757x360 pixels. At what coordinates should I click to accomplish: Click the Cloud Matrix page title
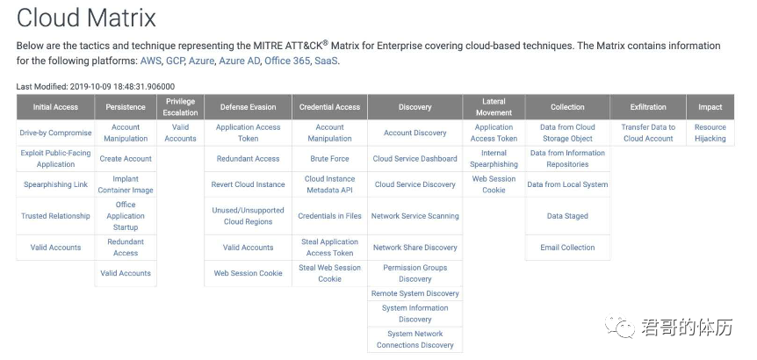click(86, 18)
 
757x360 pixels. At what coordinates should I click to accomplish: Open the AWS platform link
click(151, 61)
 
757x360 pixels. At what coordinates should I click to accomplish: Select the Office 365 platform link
click(287, 61)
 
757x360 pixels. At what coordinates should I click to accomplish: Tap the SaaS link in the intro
click(327, 61)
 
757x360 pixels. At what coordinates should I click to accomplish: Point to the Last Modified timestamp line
click(96, 87)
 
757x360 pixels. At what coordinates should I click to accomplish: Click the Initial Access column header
click(55, 107)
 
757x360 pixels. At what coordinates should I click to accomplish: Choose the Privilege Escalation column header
click(181, 107)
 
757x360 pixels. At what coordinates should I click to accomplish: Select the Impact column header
click(710, 107)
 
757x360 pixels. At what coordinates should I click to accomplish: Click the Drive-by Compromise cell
click(55, 133)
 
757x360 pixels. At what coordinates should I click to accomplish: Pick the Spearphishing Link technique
click(55, 184)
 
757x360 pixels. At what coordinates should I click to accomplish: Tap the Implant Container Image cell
click(126, 184)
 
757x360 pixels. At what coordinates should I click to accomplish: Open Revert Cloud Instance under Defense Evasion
click(249, 184)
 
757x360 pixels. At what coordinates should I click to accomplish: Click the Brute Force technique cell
click(329, 159)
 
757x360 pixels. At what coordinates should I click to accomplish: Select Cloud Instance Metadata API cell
click(329, 184)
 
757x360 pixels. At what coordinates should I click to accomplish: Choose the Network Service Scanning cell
click(415, 216)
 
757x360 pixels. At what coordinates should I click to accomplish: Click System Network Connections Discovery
click(415, 339)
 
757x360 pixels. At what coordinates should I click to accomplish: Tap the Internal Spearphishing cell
click(494, 159)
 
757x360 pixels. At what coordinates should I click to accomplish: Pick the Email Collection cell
click(567, 248)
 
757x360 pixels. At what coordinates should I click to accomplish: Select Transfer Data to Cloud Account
click(648, 133)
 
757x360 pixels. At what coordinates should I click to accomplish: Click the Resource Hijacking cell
click(710, 133)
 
